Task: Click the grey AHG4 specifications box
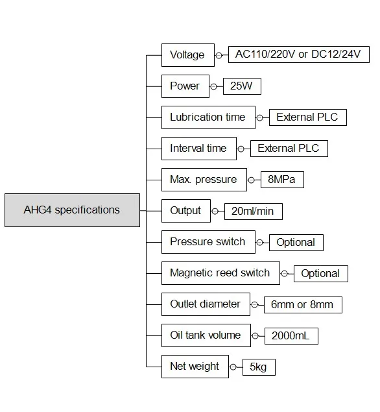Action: pos(72,210)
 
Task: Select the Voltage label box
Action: pos(188,55)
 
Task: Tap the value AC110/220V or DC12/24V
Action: pos(299,55)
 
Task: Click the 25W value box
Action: pos(242,86)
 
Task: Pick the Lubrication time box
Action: pos(208,117)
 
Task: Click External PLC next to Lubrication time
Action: pos(308,117)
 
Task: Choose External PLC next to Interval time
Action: pos(289,149)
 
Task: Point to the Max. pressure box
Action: pos(204,180)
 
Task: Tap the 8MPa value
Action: pos(282,180)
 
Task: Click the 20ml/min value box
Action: pos(254,212)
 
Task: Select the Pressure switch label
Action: pos(208,242)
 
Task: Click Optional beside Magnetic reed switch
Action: pos(321,274)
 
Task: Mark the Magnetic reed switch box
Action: pos(220,273)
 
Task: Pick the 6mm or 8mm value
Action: pos(303,305)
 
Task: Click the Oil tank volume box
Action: pos(206,335)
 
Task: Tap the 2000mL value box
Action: pos(291,336)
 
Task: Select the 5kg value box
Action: pos(259,367)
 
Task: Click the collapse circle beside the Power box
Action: pos(214,86)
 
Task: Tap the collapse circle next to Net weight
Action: pos(233,367)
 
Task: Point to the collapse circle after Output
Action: pos(215,212)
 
